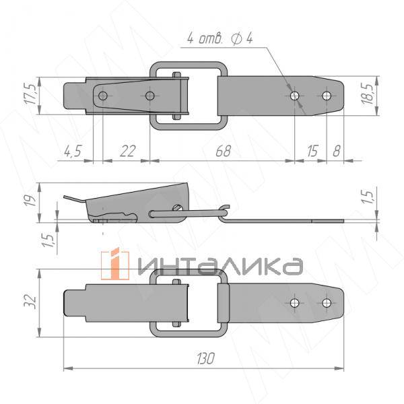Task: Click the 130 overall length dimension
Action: pos(205,358)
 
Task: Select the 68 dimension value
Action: pos(223,151)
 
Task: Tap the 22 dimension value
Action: pos(127,151)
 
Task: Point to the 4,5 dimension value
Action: pos(73,151)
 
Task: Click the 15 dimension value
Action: pos(312,151)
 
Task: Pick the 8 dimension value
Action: pos(336,151)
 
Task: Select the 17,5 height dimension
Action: pos(31,94)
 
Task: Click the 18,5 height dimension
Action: pos(368,94)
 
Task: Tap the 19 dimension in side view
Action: pos(30,201)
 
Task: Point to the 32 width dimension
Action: pos(30,302)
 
